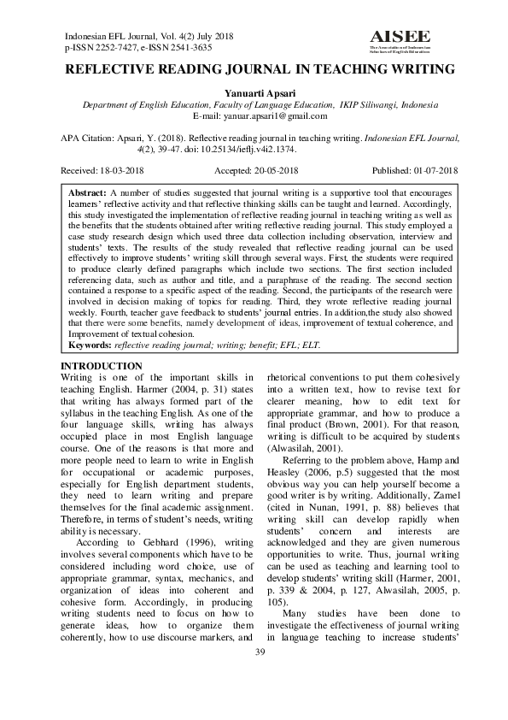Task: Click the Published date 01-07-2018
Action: point(435,171)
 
